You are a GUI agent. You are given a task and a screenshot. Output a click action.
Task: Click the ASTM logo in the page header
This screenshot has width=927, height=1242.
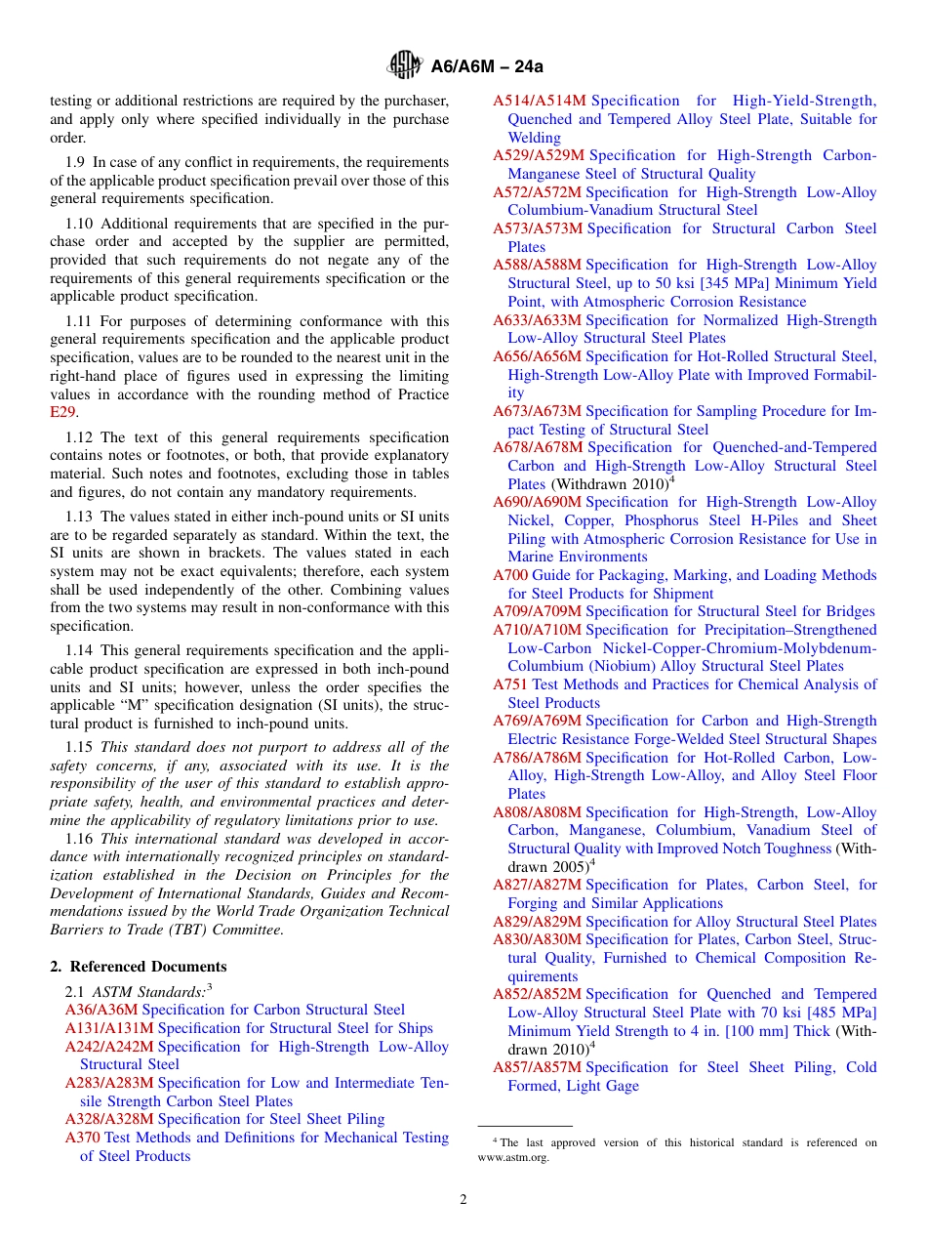[404, 65]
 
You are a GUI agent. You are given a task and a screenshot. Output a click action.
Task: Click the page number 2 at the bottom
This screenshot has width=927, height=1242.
[463, 1200]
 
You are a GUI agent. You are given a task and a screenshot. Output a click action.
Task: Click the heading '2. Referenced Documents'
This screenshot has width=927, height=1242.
[139, 967]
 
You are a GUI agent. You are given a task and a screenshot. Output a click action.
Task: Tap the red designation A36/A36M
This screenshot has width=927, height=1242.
[101, 1010]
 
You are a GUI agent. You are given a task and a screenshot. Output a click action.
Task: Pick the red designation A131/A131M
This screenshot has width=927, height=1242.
[109, 1028]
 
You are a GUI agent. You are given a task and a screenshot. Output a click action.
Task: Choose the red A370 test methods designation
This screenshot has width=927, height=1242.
[83, 1138]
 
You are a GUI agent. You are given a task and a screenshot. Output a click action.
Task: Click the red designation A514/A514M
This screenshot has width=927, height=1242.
[540, 101]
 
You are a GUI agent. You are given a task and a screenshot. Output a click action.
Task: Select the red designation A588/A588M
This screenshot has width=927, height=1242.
[537, 265]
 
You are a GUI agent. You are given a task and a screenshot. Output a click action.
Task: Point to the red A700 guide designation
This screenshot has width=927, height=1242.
[510, 575]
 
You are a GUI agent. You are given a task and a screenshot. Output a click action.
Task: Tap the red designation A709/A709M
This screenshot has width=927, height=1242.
[537, 611]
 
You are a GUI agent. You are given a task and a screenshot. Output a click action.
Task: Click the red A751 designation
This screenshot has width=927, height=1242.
[510, 684]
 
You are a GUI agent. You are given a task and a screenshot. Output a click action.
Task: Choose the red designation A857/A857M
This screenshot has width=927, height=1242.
[537, 1067]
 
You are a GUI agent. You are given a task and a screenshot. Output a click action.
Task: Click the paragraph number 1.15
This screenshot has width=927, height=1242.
[80, 748]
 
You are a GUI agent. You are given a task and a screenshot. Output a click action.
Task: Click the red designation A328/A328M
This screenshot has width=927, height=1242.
[109, 1119]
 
